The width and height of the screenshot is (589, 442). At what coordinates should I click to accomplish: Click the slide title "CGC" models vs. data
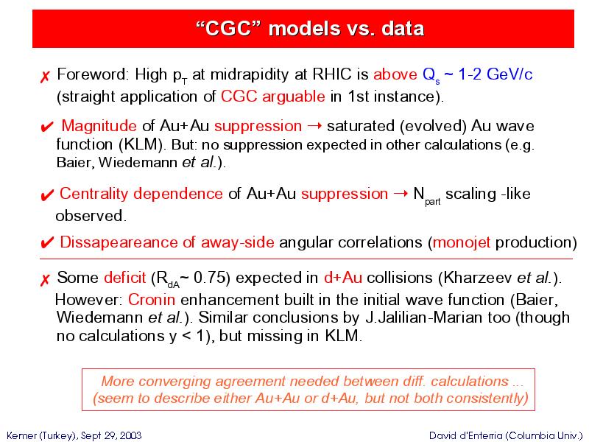(x=310, y=29)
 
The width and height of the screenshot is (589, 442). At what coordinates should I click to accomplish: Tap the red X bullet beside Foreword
(x=45, y=77)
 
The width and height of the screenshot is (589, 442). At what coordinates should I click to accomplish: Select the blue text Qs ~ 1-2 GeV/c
(x=477, y=75)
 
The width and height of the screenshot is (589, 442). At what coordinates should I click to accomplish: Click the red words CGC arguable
(x=272, y=97)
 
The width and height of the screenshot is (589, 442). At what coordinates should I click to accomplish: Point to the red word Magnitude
(x=99, y=125)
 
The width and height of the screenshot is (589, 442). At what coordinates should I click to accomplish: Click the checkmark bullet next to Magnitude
(x=46, y=127)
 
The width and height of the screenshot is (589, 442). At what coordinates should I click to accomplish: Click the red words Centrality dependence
(x=141, y=194)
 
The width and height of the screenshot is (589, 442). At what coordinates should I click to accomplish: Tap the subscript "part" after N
(x=432, y=202)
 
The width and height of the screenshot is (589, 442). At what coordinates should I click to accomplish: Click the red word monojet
(x=462, y=242)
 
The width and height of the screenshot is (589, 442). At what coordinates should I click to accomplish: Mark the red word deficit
(x=124, y=278)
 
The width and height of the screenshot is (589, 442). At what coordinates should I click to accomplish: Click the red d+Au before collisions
(x=343, y=278)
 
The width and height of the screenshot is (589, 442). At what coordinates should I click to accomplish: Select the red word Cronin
(x=152, y=300)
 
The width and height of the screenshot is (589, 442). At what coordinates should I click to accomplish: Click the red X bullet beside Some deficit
(x=45, y=280)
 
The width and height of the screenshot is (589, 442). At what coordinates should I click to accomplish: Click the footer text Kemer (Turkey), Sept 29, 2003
(x=74, y=435)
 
